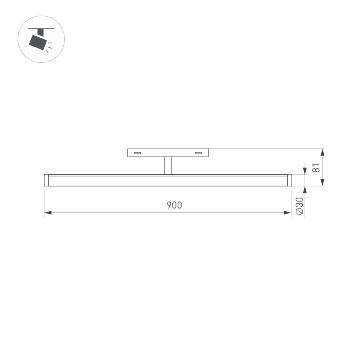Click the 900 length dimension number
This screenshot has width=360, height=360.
tap(174, 205)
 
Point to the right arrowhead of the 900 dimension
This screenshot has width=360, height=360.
tap(287, 213)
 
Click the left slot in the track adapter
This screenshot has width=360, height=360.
tap(138, 153)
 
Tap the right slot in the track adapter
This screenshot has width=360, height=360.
tap(198, 153)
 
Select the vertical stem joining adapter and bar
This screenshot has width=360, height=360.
tap(168, 166)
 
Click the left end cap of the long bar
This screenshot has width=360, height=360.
tap(46, 180)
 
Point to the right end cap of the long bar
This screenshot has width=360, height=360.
tap(289, 180)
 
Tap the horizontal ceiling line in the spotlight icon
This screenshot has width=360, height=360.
tap(41, 28)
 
